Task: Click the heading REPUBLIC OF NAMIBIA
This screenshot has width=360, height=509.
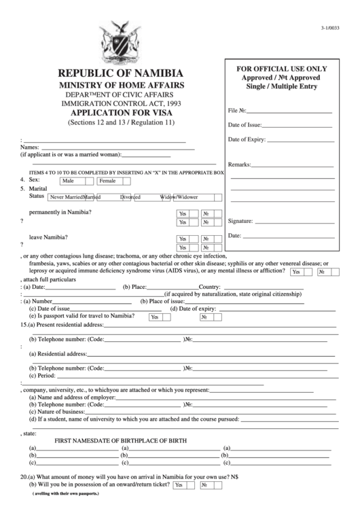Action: point(120,73)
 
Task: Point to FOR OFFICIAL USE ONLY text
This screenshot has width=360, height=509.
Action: point(281,69)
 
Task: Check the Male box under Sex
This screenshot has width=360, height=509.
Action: point(76,181)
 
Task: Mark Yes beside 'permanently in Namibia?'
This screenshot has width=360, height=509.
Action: point(184,213)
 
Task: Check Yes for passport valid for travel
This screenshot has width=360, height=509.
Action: point(155,317)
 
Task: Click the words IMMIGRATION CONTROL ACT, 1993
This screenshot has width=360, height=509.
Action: point(122,103)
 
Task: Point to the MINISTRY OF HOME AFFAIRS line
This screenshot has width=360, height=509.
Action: point(121,84)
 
